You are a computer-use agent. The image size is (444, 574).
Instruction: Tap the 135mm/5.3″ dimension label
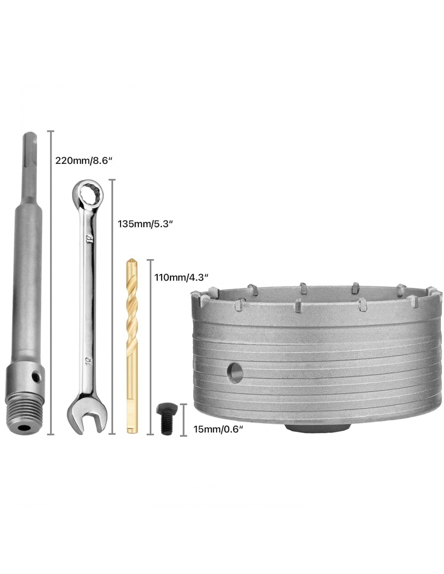pyautogui.click(x=145, y=224)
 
